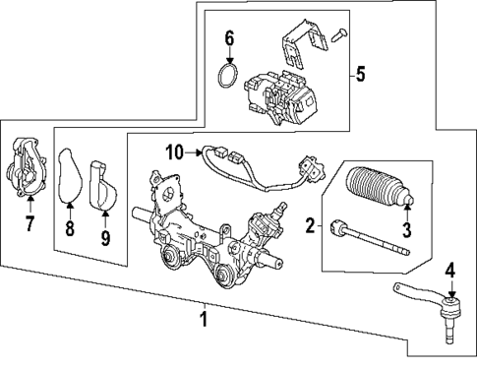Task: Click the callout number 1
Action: point(205,318)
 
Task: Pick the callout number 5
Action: point(360,73)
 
